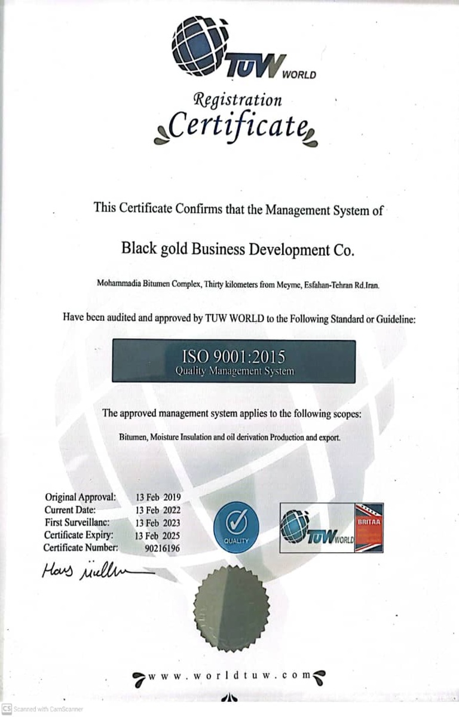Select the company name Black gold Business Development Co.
(238, 249)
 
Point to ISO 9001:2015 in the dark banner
(234, 357)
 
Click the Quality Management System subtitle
(234, 372)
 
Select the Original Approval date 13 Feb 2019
(158, 497)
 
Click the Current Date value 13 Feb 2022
(158, 510)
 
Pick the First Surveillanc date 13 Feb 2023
(158, 522)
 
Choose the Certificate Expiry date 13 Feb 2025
(158, 535)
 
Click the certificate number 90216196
(163, 547)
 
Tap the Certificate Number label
(81, 547)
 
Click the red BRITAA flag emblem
(369, 528)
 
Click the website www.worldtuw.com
(230, 675)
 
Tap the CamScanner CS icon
(7, 709)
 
